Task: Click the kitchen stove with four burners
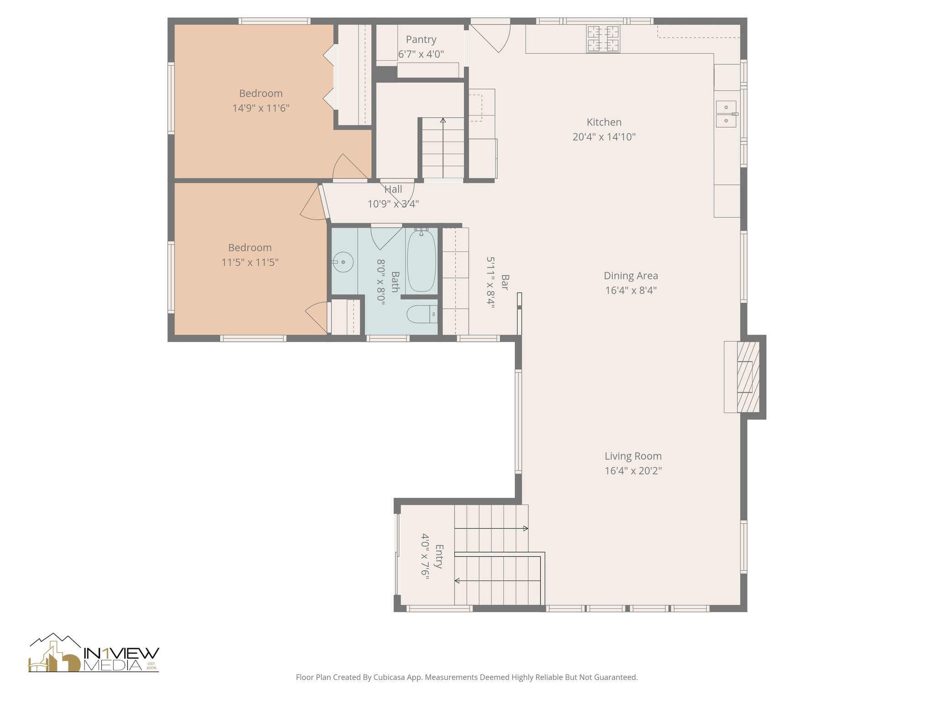tap(603, 39)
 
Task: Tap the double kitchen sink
tap(725, 114)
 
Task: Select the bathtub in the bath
tap(421, 261)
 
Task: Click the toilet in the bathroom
tap(420, 314)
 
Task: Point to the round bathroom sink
tap(342, 262)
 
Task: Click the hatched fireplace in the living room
tap(748, 377)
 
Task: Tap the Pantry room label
tap(421, 40)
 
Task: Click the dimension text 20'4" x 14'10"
tap(604, 137)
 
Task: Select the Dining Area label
tap(631, 276)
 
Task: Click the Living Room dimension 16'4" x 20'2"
tap(633, 471)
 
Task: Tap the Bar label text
tap(505, 282)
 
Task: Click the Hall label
tap(393, 189)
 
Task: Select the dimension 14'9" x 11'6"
tap(261, 108)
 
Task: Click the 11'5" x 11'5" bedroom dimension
tap(250, 262)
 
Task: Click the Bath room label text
tap(395, 282)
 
